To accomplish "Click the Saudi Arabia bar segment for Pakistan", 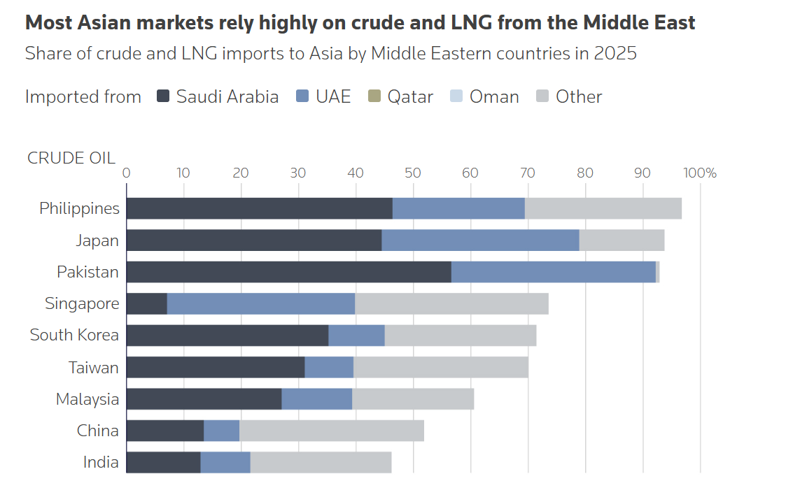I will coord(288,272).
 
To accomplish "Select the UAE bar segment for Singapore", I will coord(261,304).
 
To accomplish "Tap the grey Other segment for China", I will coord(331,431).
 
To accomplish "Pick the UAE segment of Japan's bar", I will coord(480,240).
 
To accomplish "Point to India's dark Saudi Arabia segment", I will coord(163,462).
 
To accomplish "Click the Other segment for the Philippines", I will coord(603,208).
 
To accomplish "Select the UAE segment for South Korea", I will coord(356,336).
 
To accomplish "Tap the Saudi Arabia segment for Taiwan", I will coord(216,367).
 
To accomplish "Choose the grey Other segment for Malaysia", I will coord(413,398).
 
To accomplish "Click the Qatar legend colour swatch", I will coord(374,96).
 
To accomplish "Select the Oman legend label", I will coord(494,96).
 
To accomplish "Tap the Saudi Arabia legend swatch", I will coord(163,96).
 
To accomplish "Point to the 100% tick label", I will coord(700,173).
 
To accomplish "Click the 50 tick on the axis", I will coord(413,173).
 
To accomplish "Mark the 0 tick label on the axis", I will coord(127,173).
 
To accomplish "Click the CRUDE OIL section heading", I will coord(71,157).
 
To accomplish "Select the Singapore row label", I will coord(82,304).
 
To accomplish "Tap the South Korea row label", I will coord(74,336).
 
